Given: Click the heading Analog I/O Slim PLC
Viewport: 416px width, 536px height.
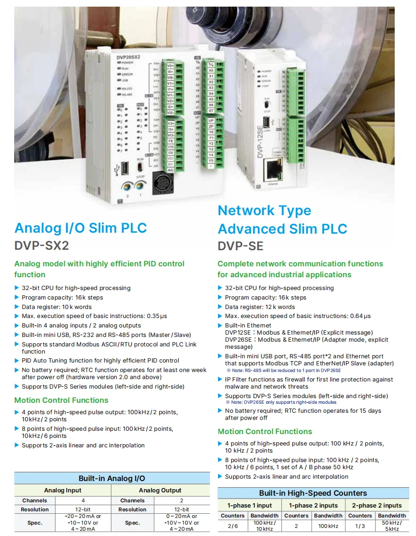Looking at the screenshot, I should click(81, 228).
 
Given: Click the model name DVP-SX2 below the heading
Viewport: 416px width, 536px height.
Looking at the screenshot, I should click(42, 245).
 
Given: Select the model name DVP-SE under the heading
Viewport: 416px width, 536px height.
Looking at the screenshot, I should click(240, 246).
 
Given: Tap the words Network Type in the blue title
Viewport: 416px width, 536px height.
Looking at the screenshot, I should click(264, 210).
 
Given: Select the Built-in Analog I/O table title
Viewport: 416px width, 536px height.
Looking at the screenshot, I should click(112, 478).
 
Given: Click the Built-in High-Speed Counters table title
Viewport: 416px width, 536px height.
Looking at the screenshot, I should click(313, 493).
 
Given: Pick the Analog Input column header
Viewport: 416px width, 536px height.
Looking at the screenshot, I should click(63, 491).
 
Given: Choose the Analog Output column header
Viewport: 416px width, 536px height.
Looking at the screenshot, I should click(160, 491).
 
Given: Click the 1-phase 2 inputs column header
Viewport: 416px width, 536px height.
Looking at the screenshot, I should click(313, 505).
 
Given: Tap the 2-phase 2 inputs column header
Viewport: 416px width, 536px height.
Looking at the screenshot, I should click(377, 505).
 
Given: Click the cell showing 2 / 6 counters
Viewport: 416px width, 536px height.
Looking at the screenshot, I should click(233, 526).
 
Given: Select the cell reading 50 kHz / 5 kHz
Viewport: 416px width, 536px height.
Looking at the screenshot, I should click(392, 526).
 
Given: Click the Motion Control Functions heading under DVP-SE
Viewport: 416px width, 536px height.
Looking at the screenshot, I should click(265, 431).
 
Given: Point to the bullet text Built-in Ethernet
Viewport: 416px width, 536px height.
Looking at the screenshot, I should click(248, 326).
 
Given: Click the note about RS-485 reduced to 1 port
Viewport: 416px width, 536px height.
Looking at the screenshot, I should click(283, 370).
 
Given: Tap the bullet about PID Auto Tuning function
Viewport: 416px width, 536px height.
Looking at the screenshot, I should click(100, 361).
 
